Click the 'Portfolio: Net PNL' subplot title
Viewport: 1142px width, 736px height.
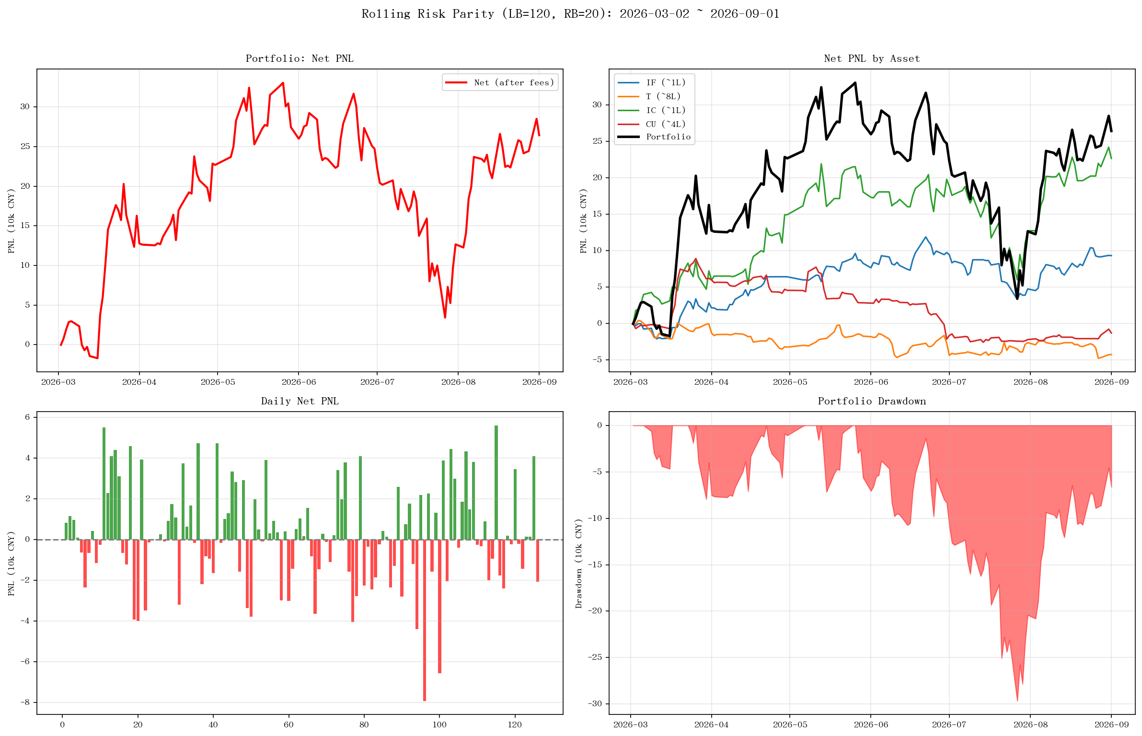pyautogui.click(x=300, y=58)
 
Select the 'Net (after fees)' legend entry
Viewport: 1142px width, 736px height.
pyautogui.click(x=514, y=82)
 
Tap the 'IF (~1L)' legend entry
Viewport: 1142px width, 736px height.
pyautogui.click(x=666, y=82)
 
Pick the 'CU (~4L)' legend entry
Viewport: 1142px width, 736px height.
pyautogui.click(x=666, y=124)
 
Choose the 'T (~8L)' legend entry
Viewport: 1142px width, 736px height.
pyautogui.click(x=663, y=96)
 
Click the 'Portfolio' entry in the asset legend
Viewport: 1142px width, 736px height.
pyautogui.click(x=668, y=137)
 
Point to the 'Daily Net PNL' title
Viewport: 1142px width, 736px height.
pyautogui.click(x=300, y=401)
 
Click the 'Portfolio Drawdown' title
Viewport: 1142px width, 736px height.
pyautogui.click(x=872, y=401)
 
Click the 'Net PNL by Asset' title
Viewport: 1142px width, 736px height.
pyautogui.click(x=872, y=58)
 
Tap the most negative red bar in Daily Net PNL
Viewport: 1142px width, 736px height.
pyautogui.click(x=425, y=620)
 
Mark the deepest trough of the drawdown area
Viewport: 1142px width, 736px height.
pyautogui.click(x=1017, y=701)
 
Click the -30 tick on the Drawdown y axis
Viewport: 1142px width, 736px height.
pyautogui.click(x=596, y=704)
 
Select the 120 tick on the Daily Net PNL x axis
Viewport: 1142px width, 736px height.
pyautogui.click(x=515, y=724)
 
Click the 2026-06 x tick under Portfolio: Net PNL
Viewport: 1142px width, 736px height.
pyautogui.click(x=299, y=382)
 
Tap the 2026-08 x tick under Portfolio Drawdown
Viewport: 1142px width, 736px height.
pyautogui.click(x=1030, y=724)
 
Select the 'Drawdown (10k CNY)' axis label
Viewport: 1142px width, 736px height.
pyautogui.click(x=579, y=563)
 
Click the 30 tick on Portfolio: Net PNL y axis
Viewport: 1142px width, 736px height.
pyautogui.click(x=25, y=106)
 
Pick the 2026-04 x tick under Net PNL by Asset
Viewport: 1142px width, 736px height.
pyautogui.click(x=711, y=382)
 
